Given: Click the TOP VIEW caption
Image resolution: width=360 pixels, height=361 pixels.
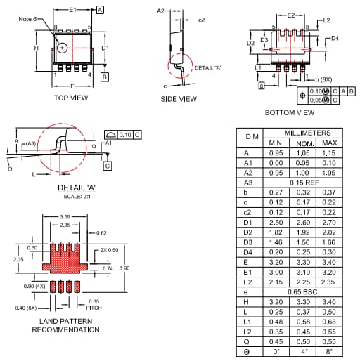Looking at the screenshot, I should point(71,98).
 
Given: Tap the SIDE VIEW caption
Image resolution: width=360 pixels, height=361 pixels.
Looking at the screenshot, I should point(179,99).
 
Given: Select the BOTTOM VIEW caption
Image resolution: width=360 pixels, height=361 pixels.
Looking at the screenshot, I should point(289,112).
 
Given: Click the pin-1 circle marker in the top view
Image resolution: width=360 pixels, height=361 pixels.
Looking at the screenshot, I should point(63,48).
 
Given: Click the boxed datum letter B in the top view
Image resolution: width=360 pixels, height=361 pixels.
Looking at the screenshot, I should point(105,76).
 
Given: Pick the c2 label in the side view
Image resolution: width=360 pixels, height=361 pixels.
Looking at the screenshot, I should point(201,20).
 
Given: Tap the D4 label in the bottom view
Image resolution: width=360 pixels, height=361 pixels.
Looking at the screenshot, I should point(335,38).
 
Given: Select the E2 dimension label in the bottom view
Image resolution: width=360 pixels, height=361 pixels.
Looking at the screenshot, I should point(290,15).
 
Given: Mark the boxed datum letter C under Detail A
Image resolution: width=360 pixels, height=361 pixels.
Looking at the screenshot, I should point(107,166).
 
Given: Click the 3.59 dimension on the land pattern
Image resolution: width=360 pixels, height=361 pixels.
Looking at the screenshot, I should point(65,217).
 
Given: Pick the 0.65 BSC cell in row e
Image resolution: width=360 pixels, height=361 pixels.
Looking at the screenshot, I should point(302,291).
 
